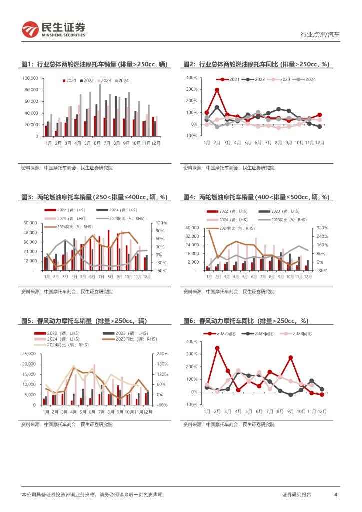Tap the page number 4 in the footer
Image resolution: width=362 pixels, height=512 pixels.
click(x=336, y=494)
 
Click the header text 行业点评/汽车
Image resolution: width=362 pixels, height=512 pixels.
click(x=320, y=35)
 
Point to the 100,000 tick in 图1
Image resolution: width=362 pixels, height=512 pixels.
click(x=31, y=78)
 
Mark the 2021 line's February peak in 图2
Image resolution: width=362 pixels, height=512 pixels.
click(x=217, y=90)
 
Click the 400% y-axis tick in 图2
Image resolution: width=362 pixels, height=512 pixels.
click(x=192, y=78)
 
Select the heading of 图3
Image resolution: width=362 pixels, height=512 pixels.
click(x=94, y=197)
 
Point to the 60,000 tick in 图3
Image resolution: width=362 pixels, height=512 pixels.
click(x=30, y=223)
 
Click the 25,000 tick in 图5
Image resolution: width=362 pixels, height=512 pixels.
click(x=28, y=354)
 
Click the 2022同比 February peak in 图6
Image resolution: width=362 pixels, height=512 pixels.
click(x=217, y=348)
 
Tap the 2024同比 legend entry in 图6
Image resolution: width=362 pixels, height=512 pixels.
click(x=299, y=333)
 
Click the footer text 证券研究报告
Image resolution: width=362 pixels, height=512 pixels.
click(x=296, y=494)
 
